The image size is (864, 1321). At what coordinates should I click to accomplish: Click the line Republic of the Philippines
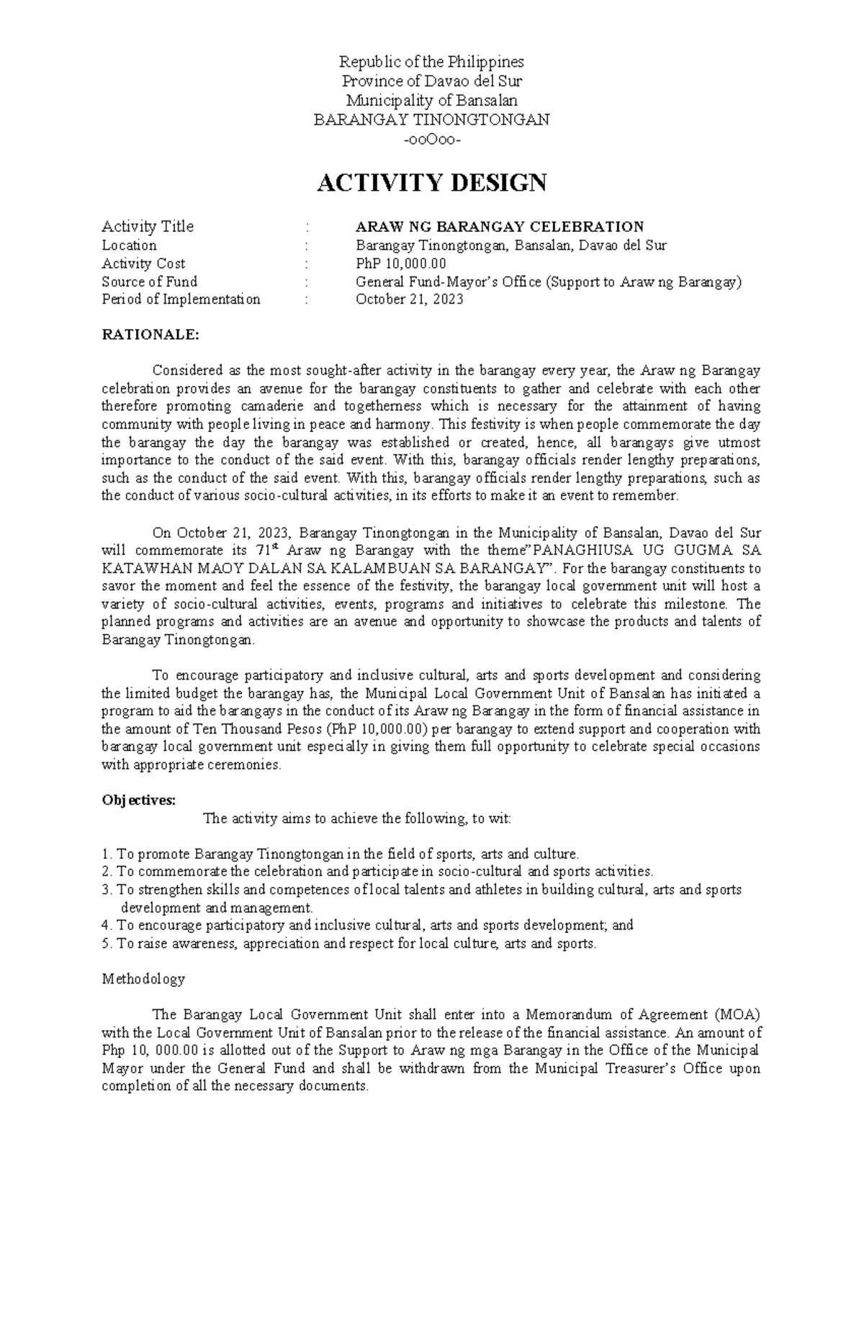(x=431, y=61)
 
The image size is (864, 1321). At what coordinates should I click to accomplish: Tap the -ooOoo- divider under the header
(x=431, y=139)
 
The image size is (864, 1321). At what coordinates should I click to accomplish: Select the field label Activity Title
(x=148, y=227)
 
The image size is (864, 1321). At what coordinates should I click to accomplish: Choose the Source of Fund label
(x=149, y=281)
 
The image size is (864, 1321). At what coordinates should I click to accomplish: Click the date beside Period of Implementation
(x=410, y=299)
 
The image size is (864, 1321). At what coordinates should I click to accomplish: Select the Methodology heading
(x=143, y=979)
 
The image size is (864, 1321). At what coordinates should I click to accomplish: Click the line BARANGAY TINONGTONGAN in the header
(x=431, y=120)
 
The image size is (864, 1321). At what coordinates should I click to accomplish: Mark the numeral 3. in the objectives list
(x=107, y=891)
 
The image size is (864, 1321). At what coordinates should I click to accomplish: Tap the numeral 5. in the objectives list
(x=107, y=944)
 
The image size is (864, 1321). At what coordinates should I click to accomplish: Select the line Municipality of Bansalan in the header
(x=431, y=100)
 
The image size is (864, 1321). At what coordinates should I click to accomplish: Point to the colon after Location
(x=307, y=245)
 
